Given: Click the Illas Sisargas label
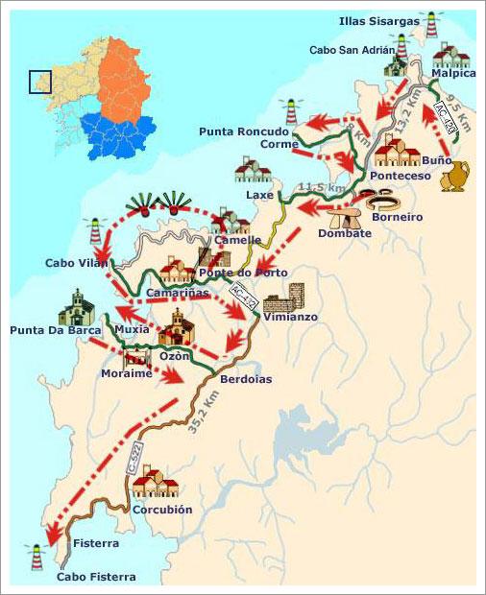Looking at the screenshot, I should (x=379, y=20).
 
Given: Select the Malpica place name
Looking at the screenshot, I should (x=454, y=73).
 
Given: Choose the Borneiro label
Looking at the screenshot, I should (x=397, y=217).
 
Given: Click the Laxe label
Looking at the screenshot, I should (x=259, y=195).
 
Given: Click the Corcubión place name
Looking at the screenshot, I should (x=162, y=510).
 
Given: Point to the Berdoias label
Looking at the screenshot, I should (x=245, y=379).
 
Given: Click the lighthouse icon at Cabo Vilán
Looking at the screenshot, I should (x=94, y=230).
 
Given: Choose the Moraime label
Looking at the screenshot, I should (x=127, y=373).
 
